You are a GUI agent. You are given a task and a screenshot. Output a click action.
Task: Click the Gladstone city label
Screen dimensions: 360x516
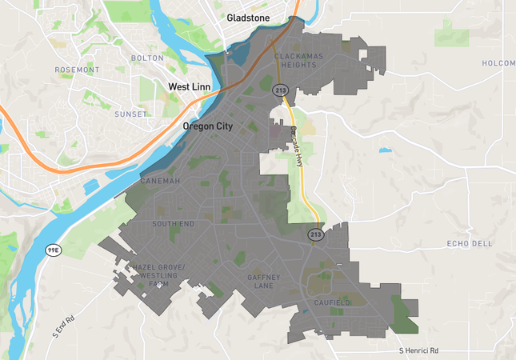248,18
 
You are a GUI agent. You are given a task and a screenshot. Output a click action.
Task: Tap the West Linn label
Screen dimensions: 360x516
189,86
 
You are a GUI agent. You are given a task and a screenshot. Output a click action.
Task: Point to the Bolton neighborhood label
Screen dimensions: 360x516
147,58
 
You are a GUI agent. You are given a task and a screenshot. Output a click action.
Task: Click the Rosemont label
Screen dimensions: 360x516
77,70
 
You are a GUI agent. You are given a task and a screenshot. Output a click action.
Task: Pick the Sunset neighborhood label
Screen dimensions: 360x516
130,114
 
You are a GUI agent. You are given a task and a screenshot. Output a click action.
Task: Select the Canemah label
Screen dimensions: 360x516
160,182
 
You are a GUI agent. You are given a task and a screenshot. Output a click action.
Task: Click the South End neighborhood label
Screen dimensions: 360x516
173,224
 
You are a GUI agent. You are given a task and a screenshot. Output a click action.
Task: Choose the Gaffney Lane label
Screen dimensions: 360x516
263,281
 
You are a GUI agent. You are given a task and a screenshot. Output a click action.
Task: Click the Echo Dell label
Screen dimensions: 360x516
470,243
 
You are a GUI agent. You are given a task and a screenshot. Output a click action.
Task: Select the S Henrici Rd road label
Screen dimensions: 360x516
430,350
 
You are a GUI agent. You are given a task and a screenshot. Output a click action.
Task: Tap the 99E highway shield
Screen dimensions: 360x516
53,250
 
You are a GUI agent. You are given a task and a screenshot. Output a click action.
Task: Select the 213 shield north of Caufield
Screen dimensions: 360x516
316,234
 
